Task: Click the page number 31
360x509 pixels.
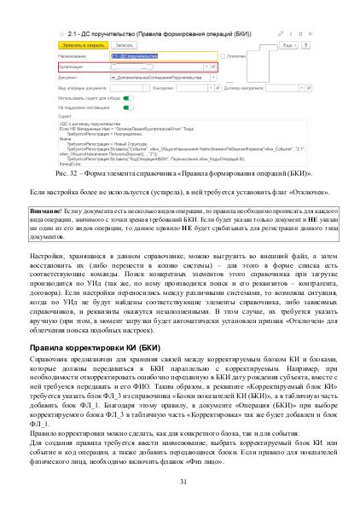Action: (x=180, y=482)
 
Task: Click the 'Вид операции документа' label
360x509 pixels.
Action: (x=79, y=86)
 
